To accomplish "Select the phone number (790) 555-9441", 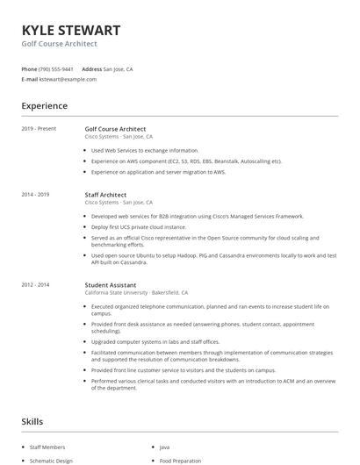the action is coord(56,68).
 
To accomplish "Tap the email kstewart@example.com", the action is coord(67,79).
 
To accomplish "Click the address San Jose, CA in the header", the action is coord(118,68).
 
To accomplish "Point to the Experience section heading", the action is coord(44,106).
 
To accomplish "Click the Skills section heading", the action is coord(32,422).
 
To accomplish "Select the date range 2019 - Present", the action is coord(39,129).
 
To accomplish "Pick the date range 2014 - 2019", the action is coord(36,195).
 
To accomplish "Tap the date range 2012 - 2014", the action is coord(36,284).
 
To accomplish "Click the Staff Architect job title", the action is coord(105,195).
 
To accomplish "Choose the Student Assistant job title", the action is coord(110,284).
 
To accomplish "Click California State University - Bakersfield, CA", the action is coord(136,292).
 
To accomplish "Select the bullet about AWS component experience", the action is coord(186,161).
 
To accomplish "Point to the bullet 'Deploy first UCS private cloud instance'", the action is coord(145,226).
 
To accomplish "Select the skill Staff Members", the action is coord(47,447).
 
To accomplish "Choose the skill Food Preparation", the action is coord(180,461).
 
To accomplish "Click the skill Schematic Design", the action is coord(50,461).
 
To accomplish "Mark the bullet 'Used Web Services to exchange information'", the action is coord(145,150).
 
